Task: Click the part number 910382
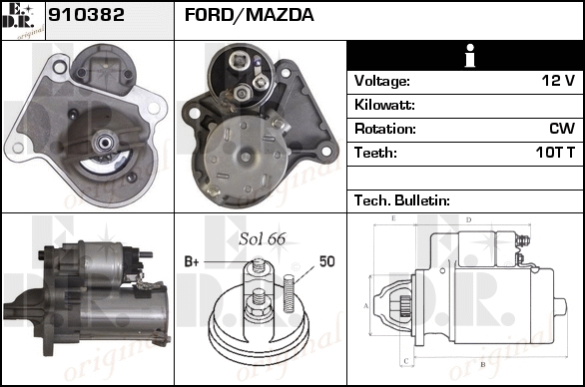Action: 86,15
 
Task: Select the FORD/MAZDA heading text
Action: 249,15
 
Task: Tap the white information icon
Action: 470,56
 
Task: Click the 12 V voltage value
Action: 558,80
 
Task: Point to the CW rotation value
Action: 562,129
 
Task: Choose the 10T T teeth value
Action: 555,153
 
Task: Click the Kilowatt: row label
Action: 384,105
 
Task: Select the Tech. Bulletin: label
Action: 402,200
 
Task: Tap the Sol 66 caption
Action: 263,239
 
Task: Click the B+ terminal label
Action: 192,261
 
